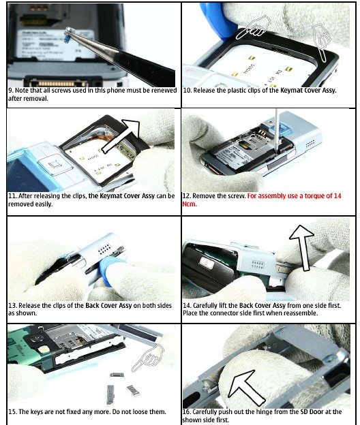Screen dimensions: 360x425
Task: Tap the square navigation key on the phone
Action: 54,165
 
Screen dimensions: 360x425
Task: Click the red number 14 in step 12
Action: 337,195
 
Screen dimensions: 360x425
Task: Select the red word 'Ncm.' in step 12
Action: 190,204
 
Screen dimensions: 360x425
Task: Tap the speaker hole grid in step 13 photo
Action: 105,249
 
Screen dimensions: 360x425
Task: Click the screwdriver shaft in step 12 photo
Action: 276,130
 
